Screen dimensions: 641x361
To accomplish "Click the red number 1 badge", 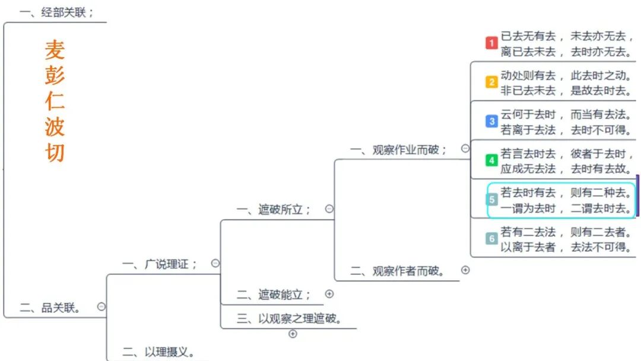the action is tap(491, 43).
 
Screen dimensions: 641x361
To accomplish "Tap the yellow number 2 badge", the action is tap(491, 82).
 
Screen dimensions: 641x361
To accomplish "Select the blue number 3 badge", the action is tap(491, 121).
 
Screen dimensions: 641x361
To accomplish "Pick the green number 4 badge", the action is tap(491, 160).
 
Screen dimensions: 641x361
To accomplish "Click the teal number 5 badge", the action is tap(492, 200).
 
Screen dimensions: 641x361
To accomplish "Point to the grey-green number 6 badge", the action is tap(491, 239).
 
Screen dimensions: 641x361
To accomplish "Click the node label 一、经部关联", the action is tap(56, 12).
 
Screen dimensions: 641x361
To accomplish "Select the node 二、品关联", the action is tap(50, 308).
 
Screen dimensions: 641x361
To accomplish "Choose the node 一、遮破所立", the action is tap(274, 210).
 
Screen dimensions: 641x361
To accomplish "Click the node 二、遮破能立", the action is tap(274, 294).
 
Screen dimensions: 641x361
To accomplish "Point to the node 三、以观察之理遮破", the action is tap(289, 318).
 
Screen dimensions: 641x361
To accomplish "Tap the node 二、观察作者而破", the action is tap(398, 271).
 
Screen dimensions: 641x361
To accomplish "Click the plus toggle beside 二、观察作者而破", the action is tap(465, 270).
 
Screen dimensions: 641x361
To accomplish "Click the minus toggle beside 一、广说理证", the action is tap(215, 263).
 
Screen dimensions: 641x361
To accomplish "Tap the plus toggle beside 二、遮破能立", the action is tap(329, 293).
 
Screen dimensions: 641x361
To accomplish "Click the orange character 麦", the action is tap(55, 50).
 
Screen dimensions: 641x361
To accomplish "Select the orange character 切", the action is tap(55, 153).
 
